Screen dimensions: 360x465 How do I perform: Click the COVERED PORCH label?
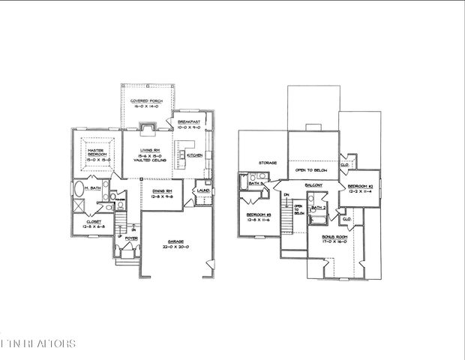[147, 100]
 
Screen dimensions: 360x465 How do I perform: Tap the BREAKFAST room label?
[189, 121]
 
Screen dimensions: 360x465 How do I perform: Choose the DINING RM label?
[163, 192]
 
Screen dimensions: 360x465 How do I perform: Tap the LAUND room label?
[202, 190]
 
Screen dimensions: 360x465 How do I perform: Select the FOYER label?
[131, 239]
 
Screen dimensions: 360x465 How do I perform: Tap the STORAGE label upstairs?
[268, 162]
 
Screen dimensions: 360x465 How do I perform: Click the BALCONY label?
[313, 184]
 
